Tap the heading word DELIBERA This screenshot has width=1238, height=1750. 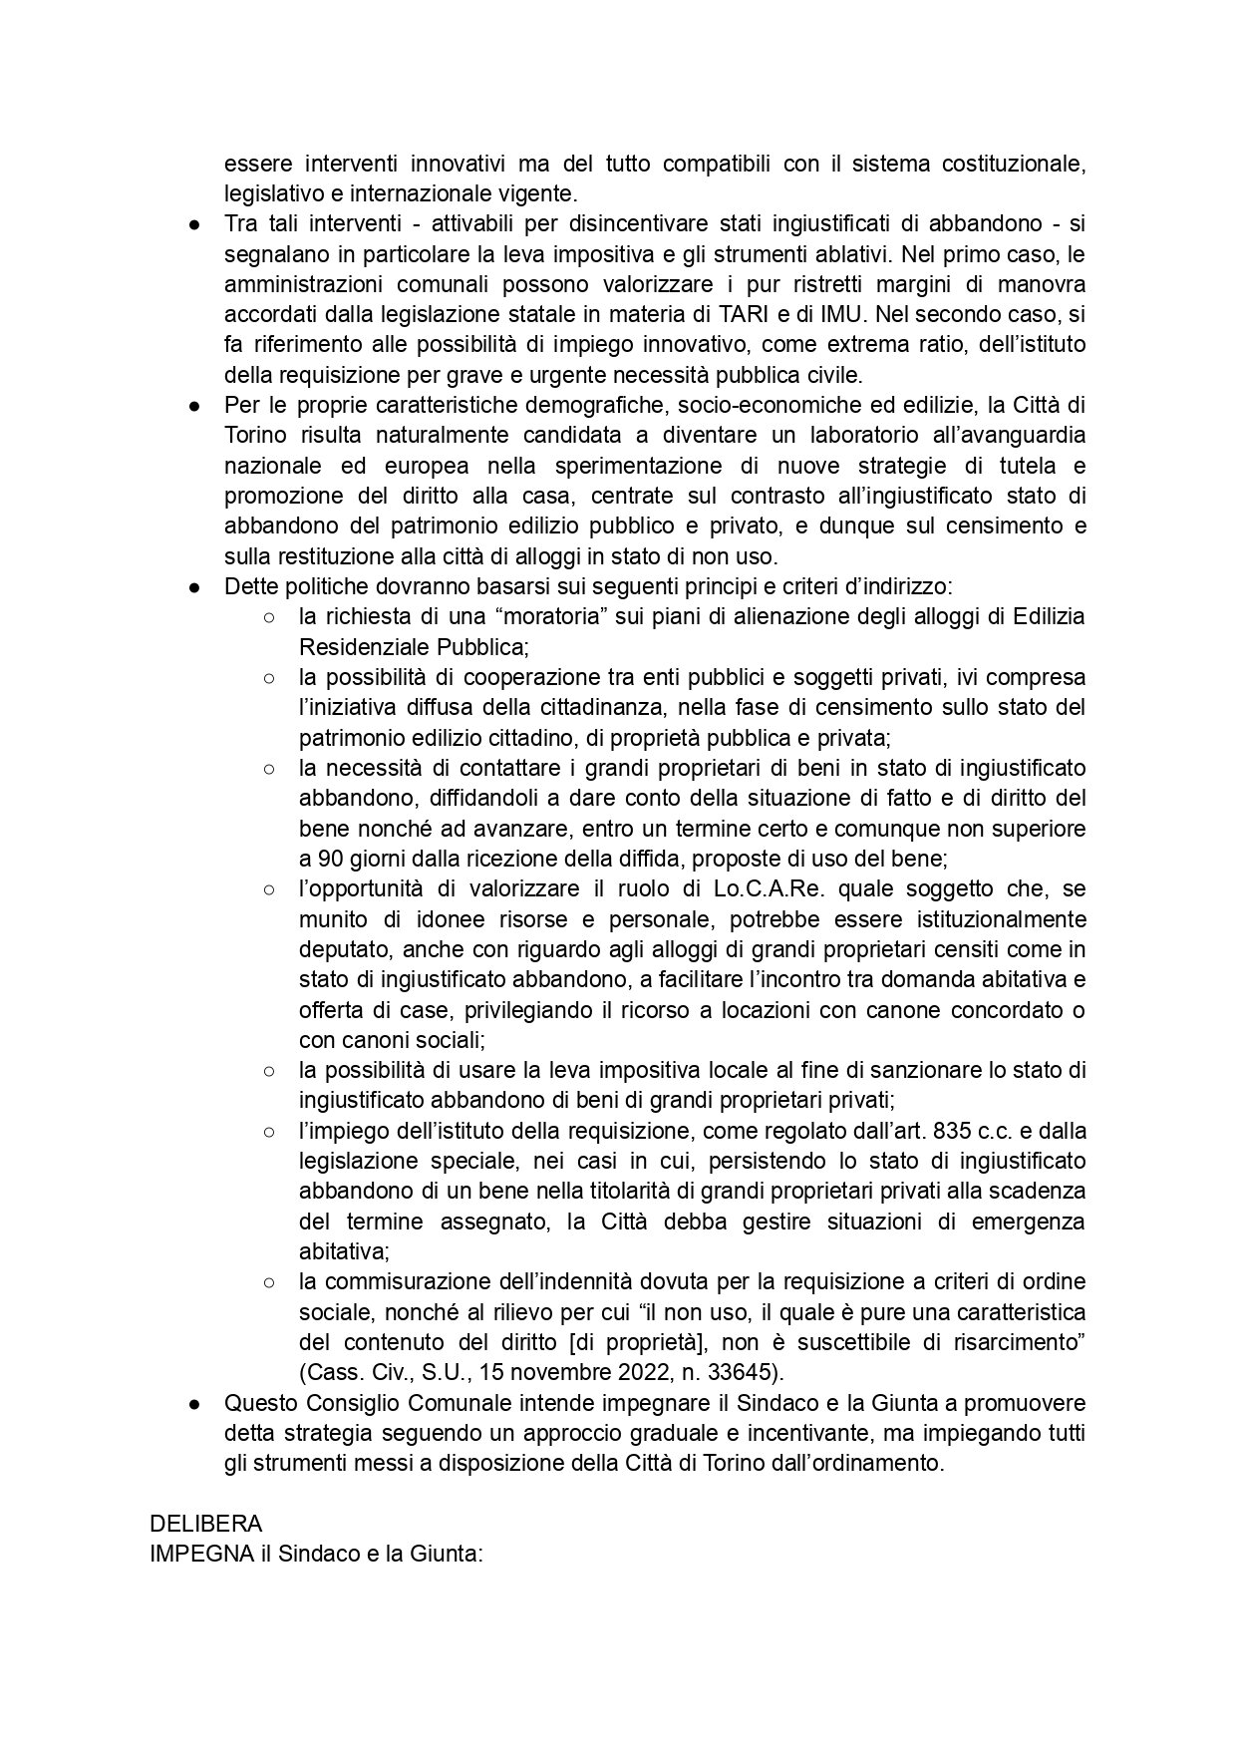point(205,1524)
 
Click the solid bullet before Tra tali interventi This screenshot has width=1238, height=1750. point(195,223)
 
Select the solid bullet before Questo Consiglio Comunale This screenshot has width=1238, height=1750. point(195,1403)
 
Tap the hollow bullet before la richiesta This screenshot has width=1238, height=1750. point(269,617)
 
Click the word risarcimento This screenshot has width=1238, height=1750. point(1021,1342)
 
